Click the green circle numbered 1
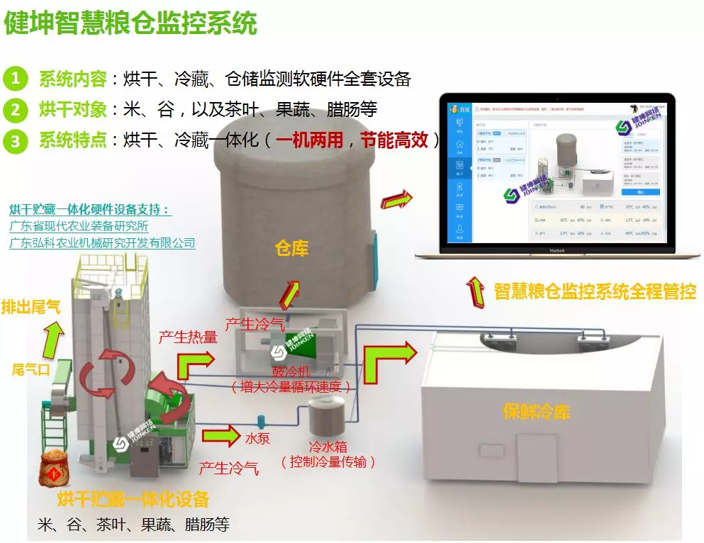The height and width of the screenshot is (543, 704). (16, 78)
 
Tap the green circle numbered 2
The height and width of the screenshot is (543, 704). (16, 109)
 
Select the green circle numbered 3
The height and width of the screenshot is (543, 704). (16, 140)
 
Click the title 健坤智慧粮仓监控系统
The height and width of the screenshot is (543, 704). (130, 23)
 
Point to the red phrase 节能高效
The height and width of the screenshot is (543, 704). (394, 140)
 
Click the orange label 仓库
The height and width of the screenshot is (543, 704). (292, 248)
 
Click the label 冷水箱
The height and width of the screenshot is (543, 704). (328, 447)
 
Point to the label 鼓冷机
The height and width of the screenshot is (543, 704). (291, 371)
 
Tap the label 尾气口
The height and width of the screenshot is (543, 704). (31, 369)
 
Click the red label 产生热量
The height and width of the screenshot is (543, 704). (188, 337)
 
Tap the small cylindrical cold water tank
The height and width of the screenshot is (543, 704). (326, 417)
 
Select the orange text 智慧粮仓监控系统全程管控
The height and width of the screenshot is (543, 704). (595, 291)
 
